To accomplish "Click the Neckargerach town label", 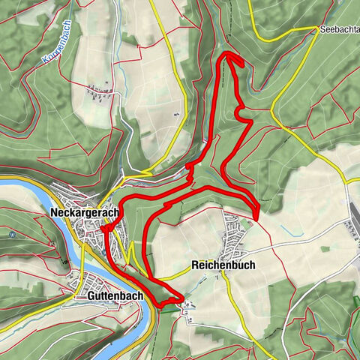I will tap(84, 214).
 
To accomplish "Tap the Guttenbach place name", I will tap(109, 297).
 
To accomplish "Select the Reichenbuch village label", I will tap(224, 265).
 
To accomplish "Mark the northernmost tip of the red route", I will tap(226, 55).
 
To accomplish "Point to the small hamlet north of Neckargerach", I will tap(98, 94).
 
